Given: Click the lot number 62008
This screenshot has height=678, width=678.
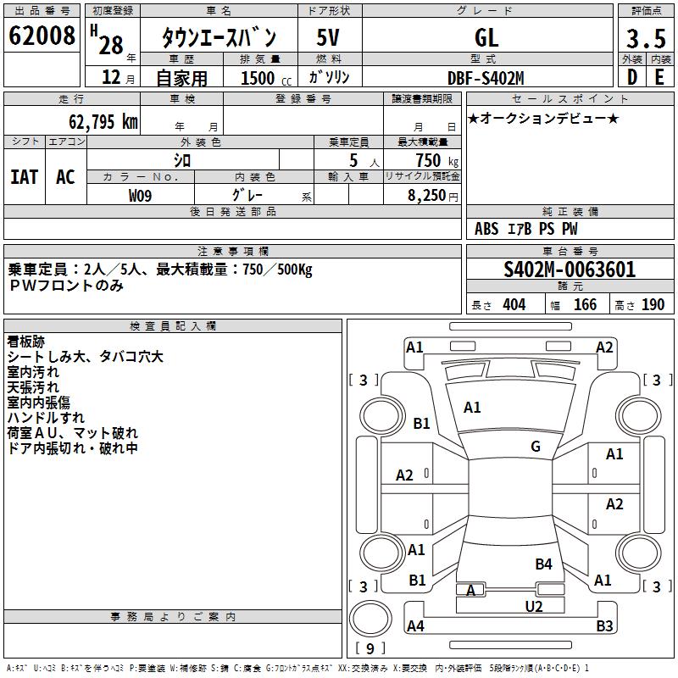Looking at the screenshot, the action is point(42,36).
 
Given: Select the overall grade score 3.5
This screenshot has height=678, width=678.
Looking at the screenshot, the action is point(644,38).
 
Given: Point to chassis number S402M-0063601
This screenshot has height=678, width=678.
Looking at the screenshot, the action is point(570,270).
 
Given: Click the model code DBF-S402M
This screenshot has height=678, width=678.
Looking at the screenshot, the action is point(486,78).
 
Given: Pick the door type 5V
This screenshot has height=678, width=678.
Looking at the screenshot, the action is point(329,38).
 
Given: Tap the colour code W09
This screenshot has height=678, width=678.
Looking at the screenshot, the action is point(141,195).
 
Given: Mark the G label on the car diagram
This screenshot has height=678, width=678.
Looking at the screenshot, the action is point(536,447).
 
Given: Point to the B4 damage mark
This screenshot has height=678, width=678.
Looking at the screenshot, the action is point(543,564).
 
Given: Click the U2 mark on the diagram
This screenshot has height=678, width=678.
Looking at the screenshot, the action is point(533,606).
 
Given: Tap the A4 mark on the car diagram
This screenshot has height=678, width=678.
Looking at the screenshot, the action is point(415,626).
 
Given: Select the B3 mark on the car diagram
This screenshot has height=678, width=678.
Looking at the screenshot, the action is point(604,626).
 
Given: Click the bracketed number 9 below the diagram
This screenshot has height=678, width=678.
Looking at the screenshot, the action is point(370,648).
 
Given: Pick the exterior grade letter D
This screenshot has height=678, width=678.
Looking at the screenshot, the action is point(631,78).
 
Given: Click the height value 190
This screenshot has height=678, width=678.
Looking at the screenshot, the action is point(653,305).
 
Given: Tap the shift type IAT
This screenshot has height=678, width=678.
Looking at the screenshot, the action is point(24,177).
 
